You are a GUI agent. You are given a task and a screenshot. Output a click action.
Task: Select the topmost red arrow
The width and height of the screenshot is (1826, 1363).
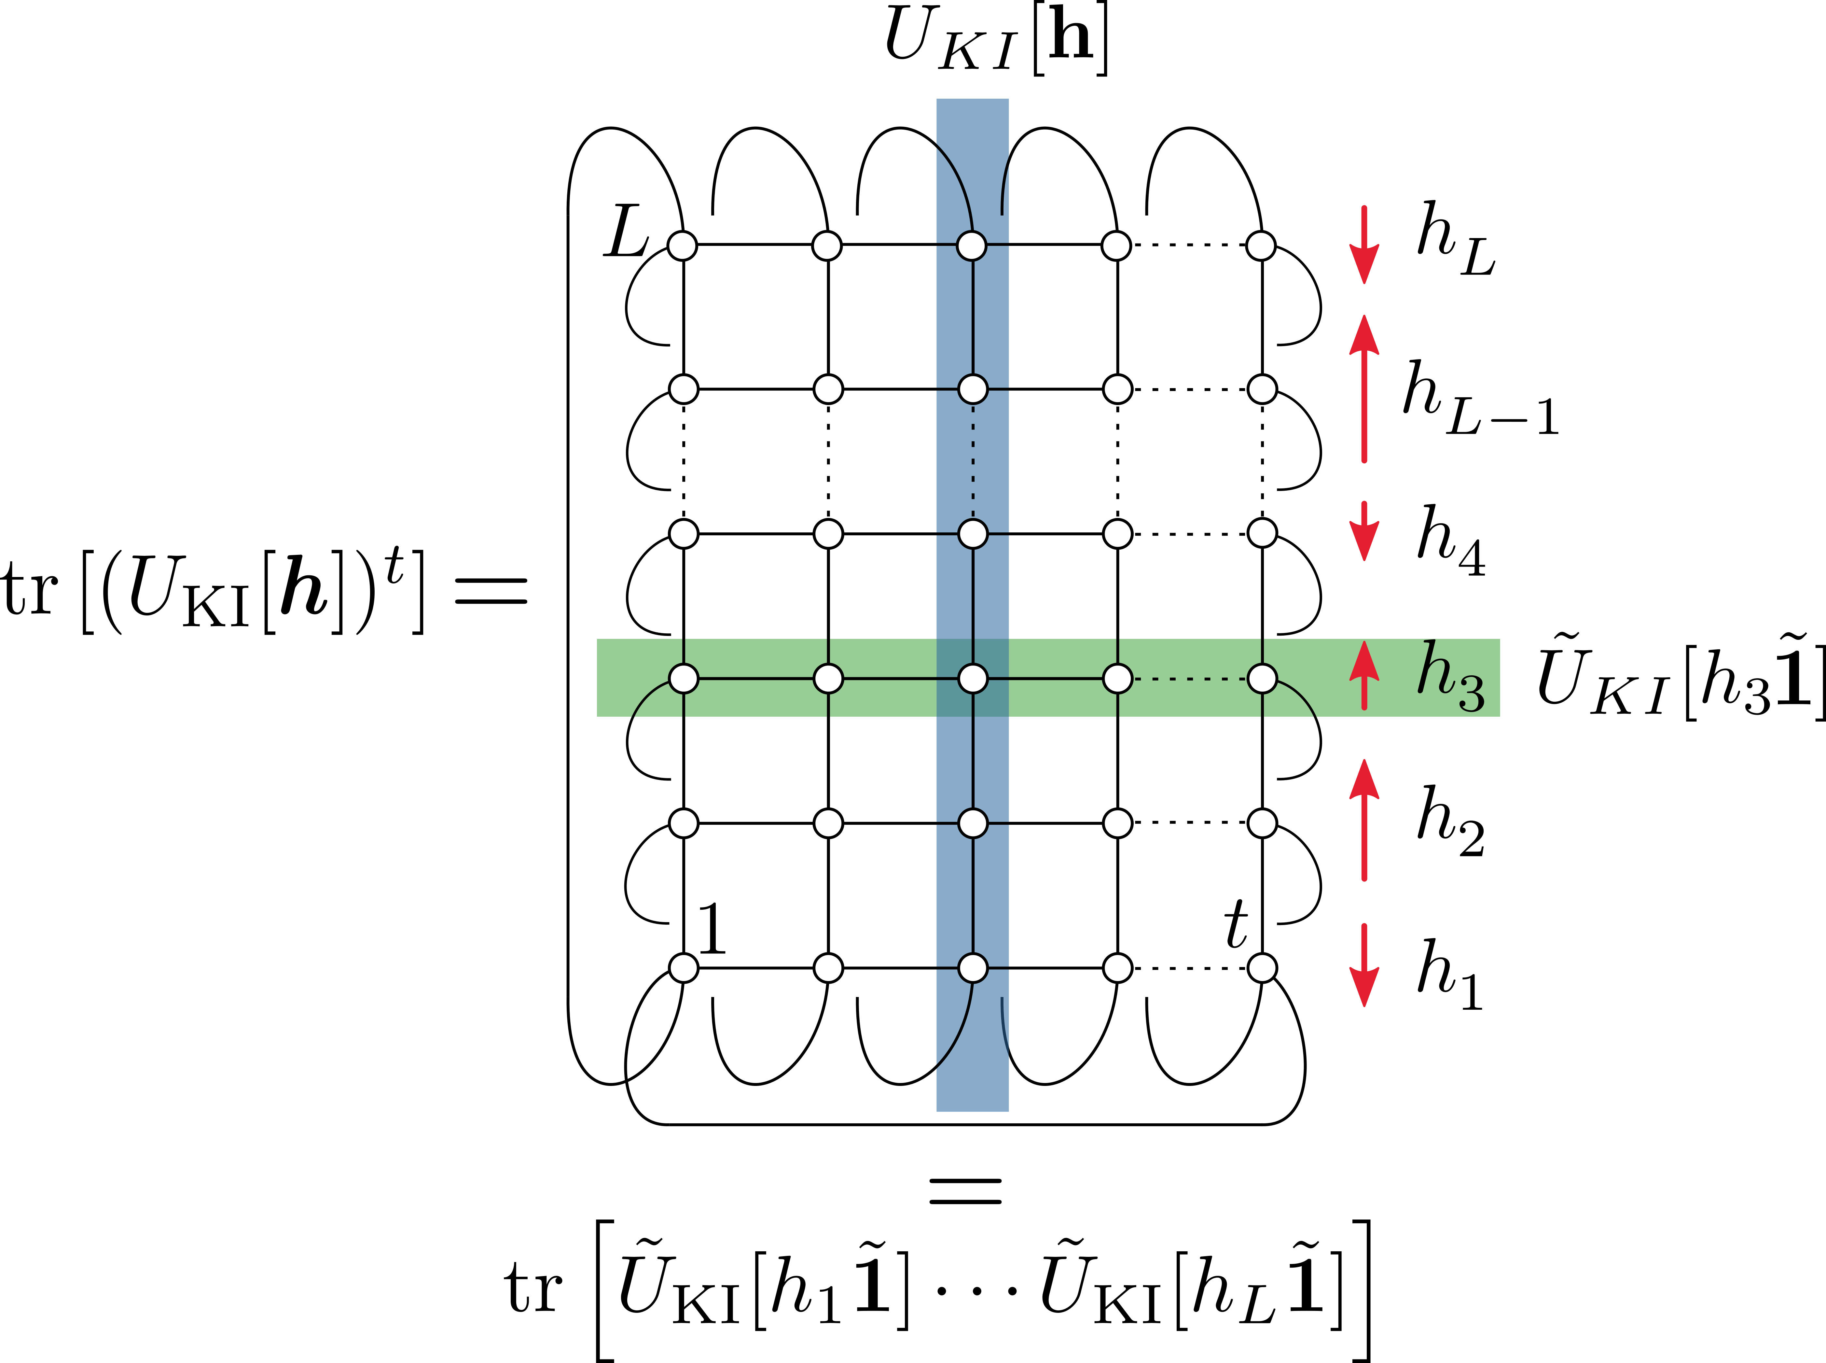1364,245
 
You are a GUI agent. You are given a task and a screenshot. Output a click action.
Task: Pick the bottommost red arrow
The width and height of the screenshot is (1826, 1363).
1364,965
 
